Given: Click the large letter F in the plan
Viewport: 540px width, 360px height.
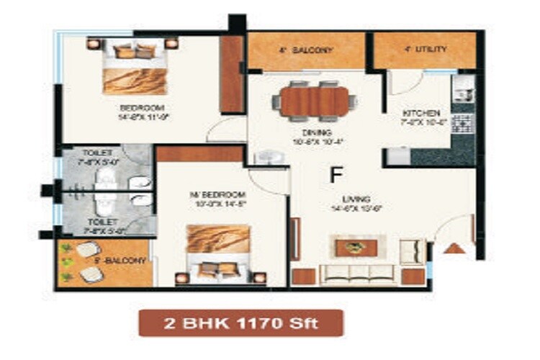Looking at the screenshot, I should (x=335, y=174).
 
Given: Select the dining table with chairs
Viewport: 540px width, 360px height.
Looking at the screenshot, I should (x=315, y=101).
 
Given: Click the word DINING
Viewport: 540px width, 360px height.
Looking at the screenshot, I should (x=317, y=132).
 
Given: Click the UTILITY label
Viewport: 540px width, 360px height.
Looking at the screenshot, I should (x=426, y=50).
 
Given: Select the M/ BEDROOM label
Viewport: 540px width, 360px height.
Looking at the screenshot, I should (x=227, y=195).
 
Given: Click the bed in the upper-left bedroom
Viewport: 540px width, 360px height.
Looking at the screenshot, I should (x=135, y=67).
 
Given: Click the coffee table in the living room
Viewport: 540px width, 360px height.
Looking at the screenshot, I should (x=356, y=248).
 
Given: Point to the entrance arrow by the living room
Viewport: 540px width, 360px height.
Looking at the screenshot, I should (x=453, y=248).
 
